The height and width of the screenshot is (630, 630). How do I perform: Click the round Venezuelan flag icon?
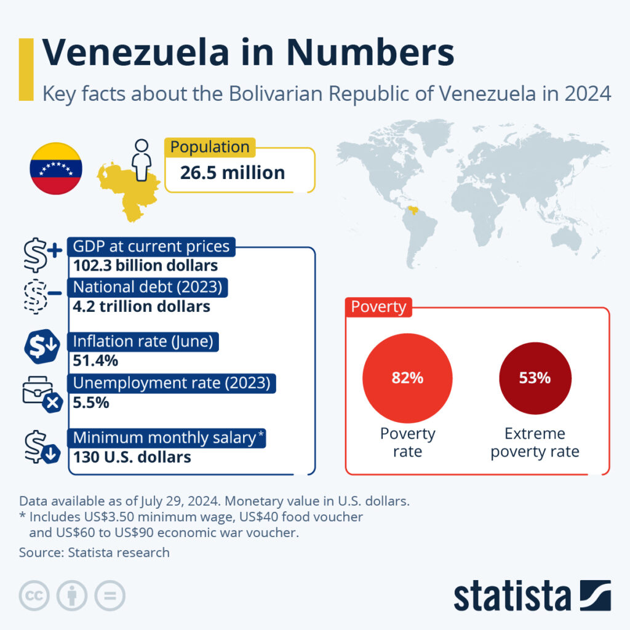pyautogui.click(x=56, y=168)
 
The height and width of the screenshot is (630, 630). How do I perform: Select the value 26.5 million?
pyautogui.click(x=233, y=173)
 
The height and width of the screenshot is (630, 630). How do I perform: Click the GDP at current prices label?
pyautogui.click(x=151, y=247)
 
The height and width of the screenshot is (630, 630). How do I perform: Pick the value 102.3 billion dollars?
pyautogui.click(x=145, y=266)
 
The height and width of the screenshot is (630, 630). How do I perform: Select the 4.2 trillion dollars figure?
pyautogui.click(x=142, y=306)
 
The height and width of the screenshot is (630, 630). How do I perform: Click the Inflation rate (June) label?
pyautogui.click(x=146, y=341)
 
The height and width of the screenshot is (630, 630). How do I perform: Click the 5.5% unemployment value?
pyautogui.click(x=91, y=403)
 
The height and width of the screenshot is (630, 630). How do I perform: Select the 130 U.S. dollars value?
pyautogui.click(x=132, y=457)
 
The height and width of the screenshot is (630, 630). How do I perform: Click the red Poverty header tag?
pyautogui.click(x=378, y=307)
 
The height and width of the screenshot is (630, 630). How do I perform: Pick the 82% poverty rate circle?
pyautogui.click(x=407, y=378)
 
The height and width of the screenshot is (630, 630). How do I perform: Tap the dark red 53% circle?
pyautogui.click(x=535, y=378)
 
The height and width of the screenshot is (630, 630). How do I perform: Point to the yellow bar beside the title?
pyautogui.click(x=26, y=69)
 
